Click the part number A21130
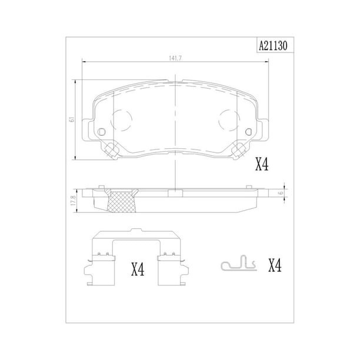coord(273,46)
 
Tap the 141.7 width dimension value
coord(175,58)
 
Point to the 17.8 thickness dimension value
coord(74,201)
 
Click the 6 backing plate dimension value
coord(281,193)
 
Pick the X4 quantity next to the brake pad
coord(262,164)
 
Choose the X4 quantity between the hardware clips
coord(138,269)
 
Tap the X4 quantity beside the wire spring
coord(275,266)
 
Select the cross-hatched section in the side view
coord(122,200)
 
